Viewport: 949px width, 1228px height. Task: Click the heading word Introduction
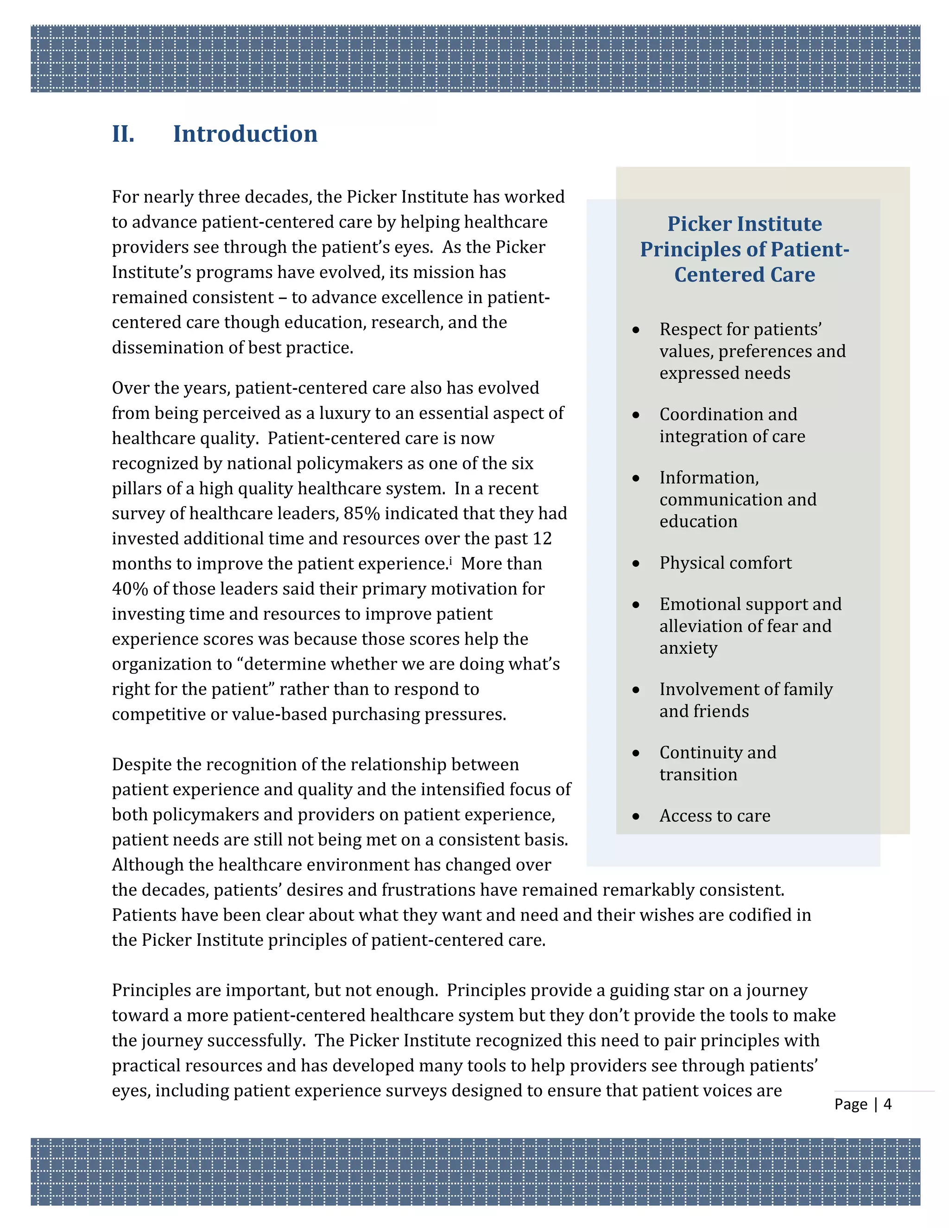pos(245,134)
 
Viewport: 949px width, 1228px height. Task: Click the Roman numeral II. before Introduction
pos(123,134)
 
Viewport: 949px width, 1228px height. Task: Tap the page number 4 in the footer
pos(887,1104)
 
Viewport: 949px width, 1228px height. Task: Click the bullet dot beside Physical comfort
pos(636,563)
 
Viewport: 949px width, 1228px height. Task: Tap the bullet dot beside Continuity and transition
pos(636,753)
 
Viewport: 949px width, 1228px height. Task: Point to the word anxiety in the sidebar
pos(688,648)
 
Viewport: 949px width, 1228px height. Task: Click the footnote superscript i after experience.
pos(450,560)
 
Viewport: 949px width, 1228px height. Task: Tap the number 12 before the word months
pos(542,538)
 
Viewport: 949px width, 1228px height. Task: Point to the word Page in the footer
pos(851,1104)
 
